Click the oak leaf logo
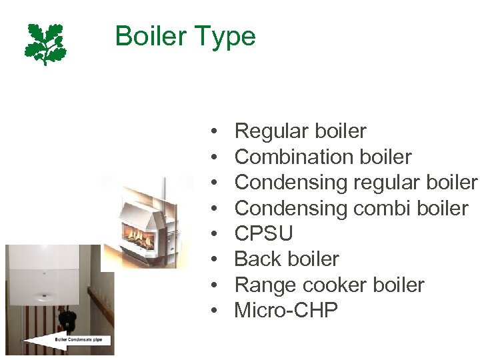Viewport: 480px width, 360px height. [45, 43]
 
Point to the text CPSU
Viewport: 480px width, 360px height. [264, 233]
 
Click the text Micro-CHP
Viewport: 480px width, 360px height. [287, 310]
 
